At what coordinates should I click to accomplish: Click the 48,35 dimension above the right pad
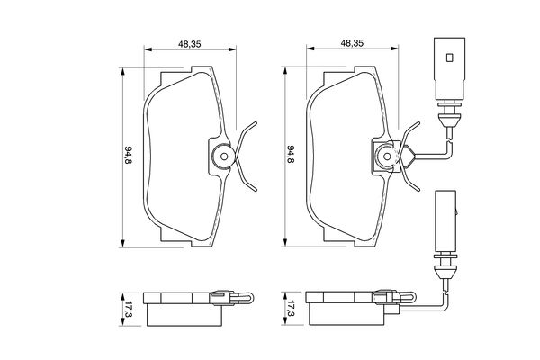pos(352,42)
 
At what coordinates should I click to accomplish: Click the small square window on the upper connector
pos(447,58)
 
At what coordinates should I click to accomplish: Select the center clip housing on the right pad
pos(384,157)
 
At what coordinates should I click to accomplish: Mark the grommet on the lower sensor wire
pos(445,265)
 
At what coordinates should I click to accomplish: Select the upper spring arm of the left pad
pos(247,134)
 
